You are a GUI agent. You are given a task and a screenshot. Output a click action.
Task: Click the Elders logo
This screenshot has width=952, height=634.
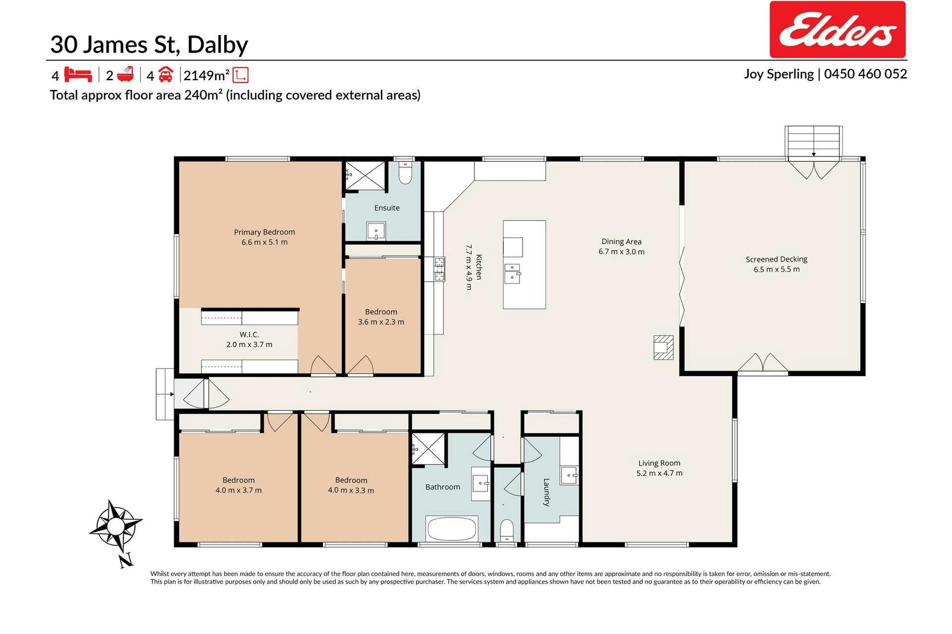tap(837, 30)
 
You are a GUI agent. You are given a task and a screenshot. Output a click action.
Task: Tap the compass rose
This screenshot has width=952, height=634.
tap(116, 526)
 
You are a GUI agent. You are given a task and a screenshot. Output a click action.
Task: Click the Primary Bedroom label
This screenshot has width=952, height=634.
tap(264, 232)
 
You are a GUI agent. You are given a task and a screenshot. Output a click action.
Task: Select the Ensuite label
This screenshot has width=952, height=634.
tap(387, 208)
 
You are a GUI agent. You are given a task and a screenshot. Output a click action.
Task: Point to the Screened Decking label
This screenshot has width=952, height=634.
tap(776, 259)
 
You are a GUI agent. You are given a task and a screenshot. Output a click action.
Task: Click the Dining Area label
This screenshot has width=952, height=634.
tap(621, 242)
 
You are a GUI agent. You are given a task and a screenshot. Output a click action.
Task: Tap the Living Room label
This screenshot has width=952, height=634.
tap(659, 463)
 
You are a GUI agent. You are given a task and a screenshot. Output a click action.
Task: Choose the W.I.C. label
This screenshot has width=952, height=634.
tap(249, 335)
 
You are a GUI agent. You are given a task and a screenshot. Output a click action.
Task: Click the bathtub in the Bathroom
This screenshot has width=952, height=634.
tap(452, 529)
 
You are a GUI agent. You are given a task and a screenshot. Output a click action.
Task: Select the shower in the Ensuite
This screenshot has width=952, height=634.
tap(365, 175)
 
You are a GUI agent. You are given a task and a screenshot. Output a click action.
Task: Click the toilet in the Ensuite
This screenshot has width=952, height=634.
tap(405, 173)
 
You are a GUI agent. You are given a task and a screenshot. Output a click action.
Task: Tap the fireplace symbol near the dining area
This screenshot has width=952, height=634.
tap(663, 347)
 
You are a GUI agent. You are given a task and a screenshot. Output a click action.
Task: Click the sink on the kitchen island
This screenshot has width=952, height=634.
tap(512, 273)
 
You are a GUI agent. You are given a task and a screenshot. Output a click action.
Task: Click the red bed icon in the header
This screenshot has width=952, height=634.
tap(78, 75)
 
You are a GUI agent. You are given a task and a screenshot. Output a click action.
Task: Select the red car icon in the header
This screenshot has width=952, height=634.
tap(166, 75)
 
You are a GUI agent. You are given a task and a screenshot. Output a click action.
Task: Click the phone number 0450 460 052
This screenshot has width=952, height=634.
tap(865, 74)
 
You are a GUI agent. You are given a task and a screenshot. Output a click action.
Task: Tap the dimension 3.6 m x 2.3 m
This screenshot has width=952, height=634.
tap(381, 322)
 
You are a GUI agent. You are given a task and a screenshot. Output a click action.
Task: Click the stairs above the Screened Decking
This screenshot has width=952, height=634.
tap(813, 142)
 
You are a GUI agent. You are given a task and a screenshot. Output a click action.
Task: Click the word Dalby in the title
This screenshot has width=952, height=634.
tap(218, 45)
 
